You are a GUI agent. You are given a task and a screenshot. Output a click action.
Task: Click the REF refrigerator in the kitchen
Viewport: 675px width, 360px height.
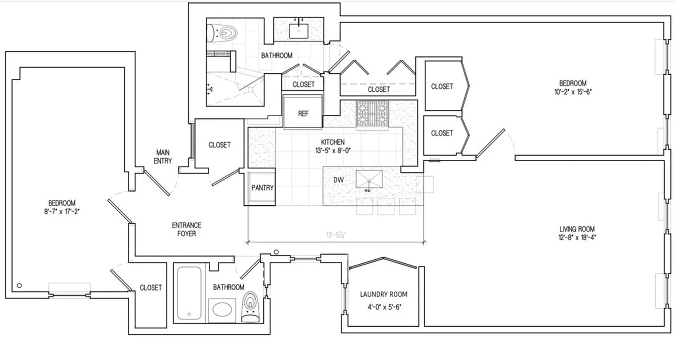pos(302,112)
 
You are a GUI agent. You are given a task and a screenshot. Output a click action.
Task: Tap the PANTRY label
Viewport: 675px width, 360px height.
pos(262,188)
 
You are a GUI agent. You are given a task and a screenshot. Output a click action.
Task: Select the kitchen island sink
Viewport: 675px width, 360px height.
pos(369,179)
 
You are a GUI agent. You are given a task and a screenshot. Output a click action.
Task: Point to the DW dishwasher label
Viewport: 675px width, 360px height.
pos(339,180)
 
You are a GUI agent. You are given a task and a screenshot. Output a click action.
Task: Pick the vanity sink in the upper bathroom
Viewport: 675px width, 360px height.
pos(298,31)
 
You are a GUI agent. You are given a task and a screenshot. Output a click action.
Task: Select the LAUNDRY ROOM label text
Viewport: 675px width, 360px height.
pos(384,294)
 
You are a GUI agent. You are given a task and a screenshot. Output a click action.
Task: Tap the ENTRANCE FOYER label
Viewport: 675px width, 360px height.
pos(186,229)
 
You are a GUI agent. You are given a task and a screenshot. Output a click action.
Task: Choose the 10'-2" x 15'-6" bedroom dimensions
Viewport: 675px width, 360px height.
pos(573,91)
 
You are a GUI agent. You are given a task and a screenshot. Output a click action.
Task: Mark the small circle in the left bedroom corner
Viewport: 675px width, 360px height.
pos(19,285)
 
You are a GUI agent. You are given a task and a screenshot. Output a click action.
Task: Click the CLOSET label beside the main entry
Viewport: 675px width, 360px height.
pos(220,145)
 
